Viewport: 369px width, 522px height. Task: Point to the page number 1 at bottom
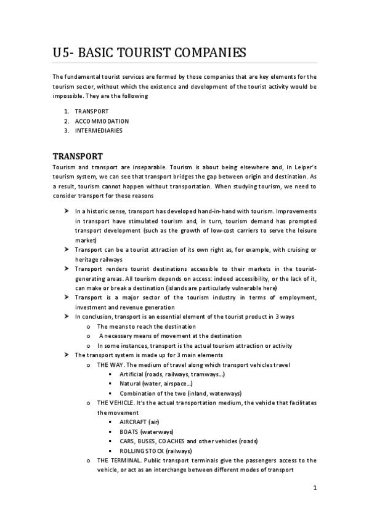click(314, 489)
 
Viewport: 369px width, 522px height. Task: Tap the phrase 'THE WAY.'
click(112, 365)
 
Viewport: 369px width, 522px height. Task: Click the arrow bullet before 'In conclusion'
click(66, 316)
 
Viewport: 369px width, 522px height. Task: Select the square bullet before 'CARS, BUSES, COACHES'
click(110, 441)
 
